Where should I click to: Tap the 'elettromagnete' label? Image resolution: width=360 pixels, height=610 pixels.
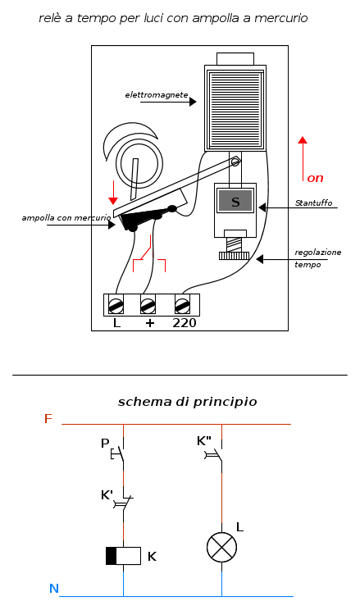pos(157,95)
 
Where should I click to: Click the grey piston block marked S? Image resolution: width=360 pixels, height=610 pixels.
pos(235,201)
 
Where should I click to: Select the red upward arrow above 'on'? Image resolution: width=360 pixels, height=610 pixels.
pos(303,159)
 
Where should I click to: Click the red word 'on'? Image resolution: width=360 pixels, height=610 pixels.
pos(315,178)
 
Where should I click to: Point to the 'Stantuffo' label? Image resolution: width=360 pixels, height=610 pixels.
pos(314,203)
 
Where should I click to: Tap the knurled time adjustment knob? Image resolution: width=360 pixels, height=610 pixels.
pos(234,256)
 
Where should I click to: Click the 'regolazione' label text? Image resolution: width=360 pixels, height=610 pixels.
pos(318,253)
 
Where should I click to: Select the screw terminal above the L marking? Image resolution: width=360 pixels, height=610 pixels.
pos(116,305)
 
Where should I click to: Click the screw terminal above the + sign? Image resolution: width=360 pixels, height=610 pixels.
pos(148,305)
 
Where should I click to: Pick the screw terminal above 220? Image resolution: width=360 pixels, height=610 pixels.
pos(183,305)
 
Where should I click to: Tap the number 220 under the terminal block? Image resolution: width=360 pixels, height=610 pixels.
pos(185,323)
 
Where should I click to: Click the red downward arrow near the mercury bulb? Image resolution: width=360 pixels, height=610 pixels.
pos(113,193)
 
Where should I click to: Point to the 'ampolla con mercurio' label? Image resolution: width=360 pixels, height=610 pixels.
pos(66,218)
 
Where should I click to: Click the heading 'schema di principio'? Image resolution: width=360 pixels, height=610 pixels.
pos(187,402)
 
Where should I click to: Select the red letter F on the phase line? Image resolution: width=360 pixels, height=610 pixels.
pos(48,419)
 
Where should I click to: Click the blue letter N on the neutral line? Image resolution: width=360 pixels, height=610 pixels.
pos(53,589)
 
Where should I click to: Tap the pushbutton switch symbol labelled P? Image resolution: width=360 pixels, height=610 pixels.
pos(119,453)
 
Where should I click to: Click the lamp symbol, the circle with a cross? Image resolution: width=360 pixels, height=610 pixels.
pos(222,548)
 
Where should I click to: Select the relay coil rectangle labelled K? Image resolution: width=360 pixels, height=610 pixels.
pos(123,556)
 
